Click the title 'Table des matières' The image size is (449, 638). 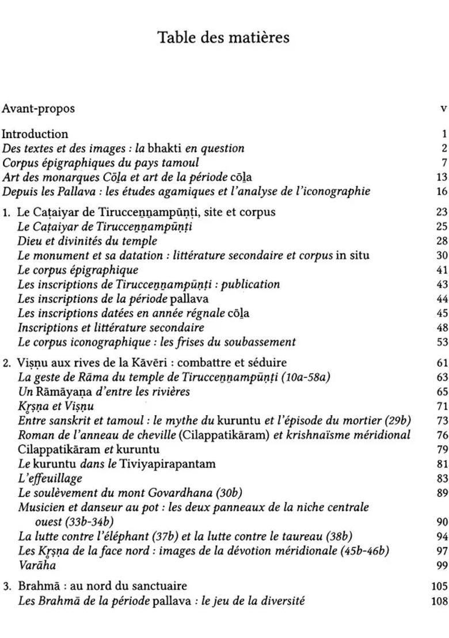(223, 38)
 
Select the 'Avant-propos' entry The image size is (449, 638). (38, 108)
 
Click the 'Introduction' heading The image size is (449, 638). (35, 134)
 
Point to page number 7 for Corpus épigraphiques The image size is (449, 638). (444, 162)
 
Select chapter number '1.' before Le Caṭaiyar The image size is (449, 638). (7, 212)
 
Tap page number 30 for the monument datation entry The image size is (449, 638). (442, 256)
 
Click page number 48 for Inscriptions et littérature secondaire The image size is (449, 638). (442, 328)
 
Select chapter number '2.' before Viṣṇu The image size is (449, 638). (7, 363)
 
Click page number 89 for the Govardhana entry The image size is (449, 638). (442, 493)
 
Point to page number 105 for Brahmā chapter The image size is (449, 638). (439, 587)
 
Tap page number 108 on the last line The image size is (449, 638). (439, 601)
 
